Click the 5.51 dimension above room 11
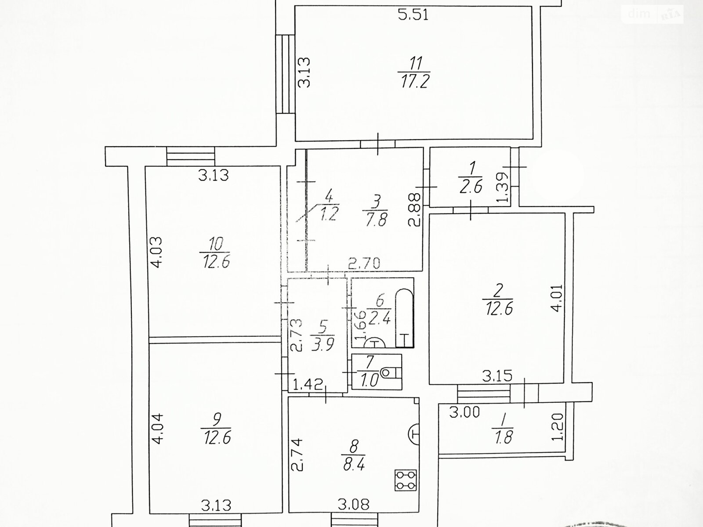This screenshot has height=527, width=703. click(x=413, y=15)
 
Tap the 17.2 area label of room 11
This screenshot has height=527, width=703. click(x=414, y=82)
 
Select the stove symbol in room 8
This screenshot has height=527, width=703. click(x=406, y=480)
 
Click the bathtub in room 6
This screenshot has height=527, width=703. click(x=405, y=318)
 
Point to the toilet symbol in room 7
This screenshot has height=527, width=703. click(x=391, y=373)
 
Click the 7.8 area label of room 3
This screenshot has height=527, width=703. click(x=376, y=220)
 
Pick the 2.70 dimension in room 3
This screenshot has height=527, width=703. click(x=364, y=263)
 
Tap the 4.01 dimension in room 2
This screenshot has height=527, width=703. click(x=557, y=298)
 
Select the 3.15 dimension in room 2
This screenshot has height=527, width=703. click(x=497, y=376)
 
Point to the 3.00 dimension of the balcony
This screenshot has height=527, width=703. click(x=464, y=412)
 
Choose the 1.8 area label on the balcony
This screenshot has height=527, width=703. click(x=504, y=437)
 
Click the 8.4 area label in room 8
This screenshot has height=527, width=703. click(x=354, y=464)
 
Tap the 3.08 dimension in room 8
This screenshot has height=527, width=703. click(x=354, y=505)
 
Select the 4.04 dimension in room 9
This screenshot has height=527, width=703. click(x=158, y=429)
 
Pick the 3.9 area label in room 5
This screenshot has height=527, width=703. click(x=323, y=344)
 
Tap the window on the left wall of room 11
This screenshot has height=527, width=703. click(x=285, y=74)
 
